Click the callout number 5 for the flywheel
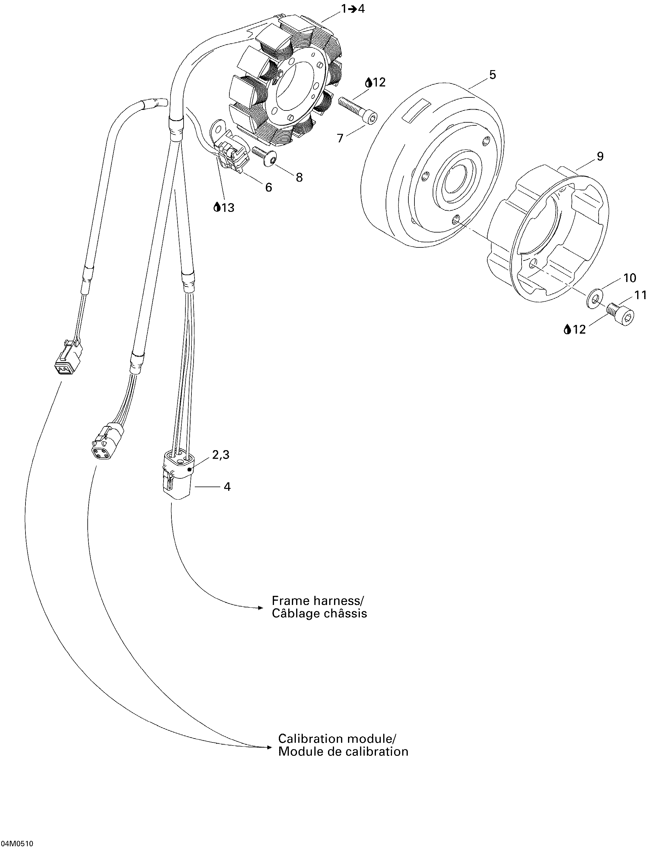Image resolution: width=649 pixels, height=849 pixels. coord(492,75)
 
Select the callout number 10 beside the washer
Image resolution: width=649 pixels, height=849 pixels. coord(629,277)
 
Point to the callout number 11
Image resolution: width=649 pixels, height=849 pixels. coord(640,295)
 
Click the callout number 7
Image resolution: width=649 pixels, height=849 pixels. coord(340,138)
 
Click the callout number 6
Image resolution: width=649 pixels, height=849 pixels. coord(268,187)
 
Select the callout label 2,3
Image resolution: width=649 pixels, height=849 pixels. coord(221,455)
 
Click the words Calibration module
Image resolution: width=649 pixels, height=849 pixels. coord(336,739)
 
